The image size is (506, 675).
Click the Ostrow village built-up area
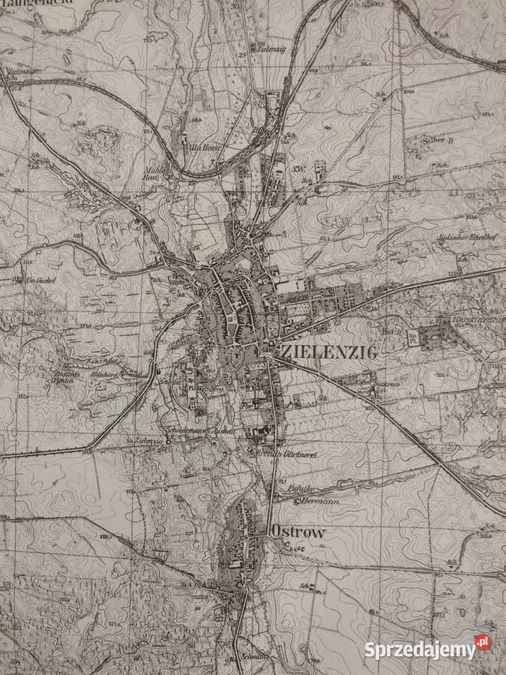pos(240,540)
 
